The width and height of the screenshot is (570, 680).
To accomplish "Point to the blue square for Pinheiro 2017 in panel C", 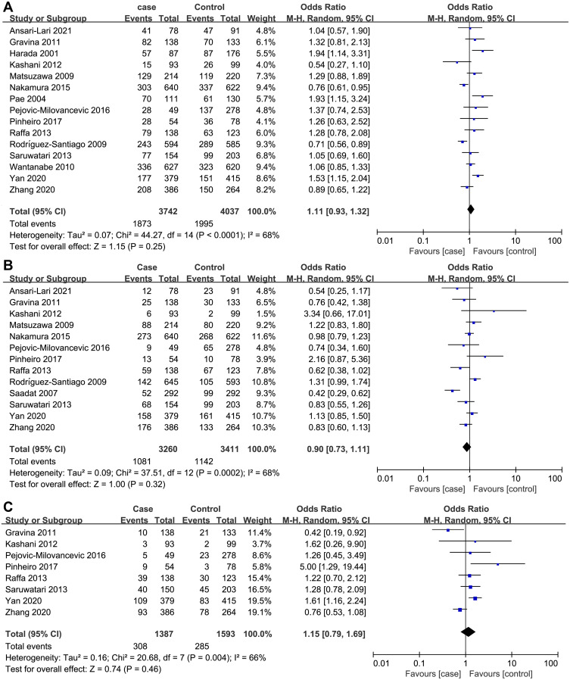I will click(x=497, y=543).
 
